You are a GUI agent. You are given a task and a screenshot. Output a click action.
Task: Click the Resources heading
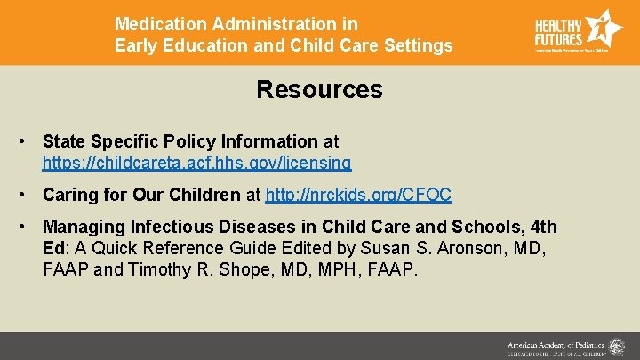coord(319,90)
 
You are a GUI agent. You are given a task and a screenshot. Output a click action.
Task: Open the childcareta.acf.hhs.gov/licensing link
coord(196,164)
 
